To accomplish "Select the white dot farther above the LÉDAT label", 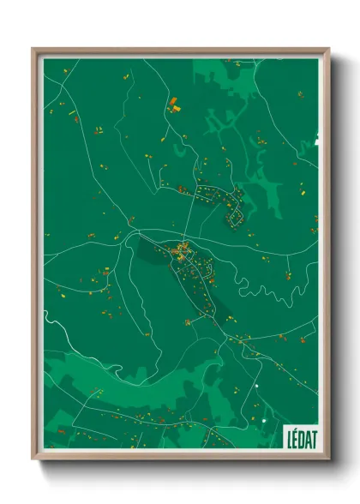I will [255, 387].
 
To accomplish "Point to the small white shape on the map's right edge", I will [316, 136].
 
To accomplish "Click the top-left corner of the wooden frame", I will [33, 49].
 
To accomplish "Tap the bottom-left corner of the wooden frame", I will [33, 459].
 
